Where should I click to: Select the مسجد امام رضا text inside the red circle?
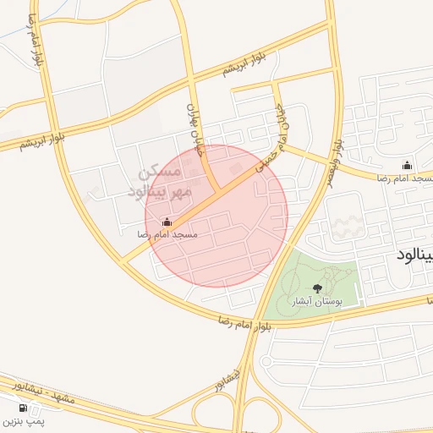173,234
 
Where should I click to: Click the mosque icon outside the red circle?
407,166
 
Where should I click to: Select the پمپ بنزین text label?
23,419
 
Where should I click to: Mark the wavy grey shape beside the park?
348,226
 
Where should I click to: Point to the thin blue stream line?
17,25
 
